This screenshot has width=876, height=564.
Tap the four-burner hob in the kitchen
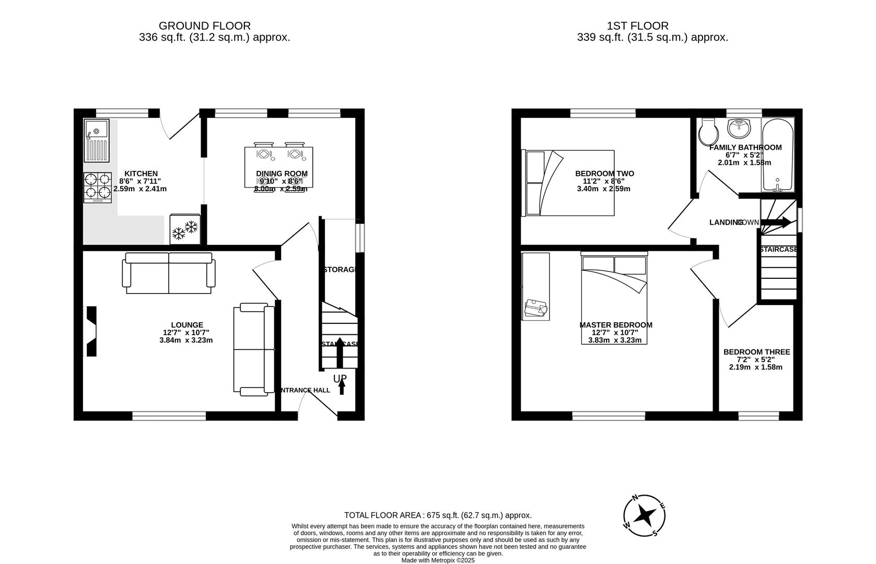98,187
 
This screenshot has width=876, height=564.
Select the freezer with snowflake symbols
185,230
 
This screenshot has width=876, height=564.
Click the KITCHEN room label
141,173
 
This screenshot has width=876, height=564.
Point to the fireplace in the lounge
92,331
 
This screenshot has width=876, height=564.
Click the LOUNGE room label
187,325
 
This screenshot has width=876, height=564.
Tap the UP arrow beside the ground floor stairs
342,386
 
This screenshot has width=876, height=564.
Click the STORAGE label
341,269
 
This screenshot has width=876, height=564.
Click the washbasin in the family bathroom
739,127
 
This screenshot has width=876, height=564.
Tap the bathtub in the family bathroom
778,155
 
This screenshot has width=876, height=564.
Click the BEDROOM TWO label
604,173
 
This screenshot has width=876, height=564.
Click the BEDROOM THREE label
756,352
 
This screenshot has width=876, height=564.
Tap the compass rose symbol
645,515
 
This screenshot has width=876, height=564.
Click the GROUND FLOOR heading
204,26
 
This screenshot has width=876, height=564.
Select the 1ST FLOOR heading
637,26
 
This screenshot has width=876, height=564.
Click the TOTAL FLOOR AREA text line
438,515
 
